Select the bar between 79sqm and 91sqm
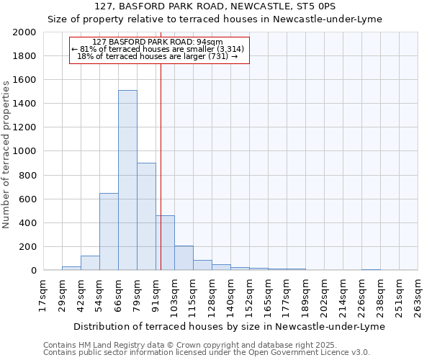(146, 216)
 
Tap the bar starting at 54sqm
(109, 232)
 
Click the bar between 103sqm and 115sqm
(184, 258)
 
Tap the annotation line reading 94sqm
(158, 42)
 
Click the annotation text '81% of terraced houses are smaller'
(158, 49)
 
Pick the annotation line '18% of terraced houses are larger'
(158, 56)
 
